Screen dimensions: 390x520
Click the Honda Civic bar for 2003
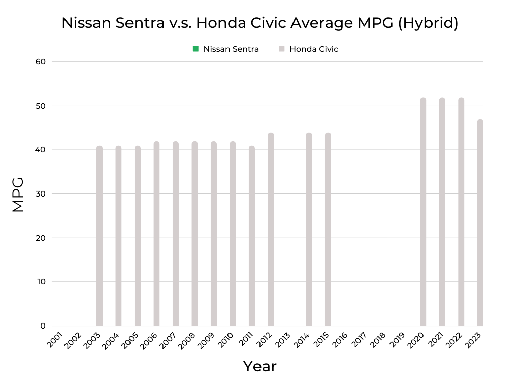click(100, 236)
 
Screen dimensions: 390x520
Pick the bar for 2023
click(480, 223)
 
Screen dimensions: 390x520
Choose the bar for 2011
click(252, 236)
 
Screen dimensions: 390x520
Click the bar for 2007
click(176, 234)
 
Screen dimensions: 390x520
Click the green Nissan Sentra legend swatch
click(196, 49)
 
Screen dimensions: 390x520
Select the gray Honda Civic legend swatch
click(282, 49)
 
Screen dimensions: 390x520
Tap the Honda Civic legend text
click(313, 49)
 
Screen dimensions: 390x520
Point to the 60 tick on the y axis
click(41, 62)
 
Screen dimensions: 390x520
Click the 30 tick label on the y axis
click(41, 194)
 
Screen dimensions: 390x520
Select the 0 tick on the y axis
click(43, 326)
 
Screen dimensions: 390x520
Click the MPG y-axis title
click(18, 194)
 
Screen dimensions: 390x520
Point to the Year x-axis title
click(259, 366)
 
